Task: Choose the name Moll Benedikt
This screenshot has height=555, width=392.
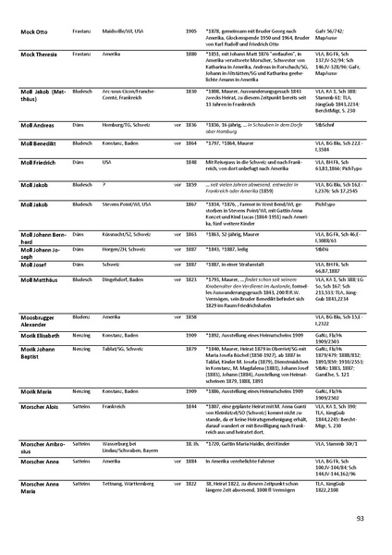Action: tap(38, 169)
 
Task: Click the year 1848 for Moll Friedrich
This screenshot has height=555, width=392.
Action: tap(191, 188)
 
